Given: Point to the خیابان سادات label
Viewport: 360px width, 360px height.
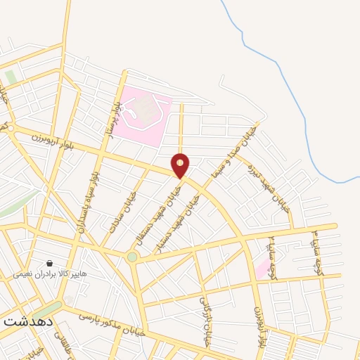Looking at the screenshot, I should coord(120,213).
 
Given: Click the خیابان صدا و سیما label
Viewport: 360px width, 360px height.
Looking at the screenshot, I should coord(236,150).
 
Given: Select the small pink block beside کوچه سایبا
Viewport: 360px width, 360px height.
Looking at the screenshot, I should coord(262,267).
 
